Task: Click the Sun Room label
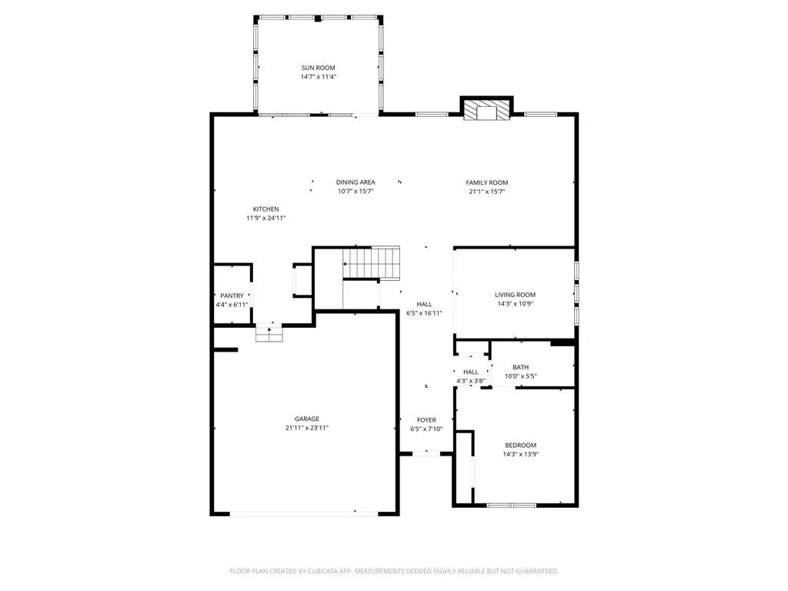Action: click(318, 68)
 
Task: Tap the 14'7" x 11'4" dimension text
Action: click(318, 77)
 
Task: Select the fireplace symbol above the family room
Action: click(486, 110)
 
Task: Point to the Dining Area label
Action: click(356, 182)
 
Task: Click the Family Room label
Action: click(486, 183)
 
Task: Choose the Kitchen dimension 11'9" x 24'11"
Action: click(265, 218)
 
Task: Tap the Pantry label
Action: click(232, 296)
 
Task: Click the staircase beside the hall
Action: click(372, 262)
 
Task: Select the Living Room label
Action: click(515, 295)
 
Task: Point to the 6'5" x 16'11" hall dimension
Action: click(424, 313)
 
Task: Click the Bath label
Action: click(521, 367)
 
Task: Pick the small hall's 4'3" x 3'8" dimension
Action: click(471, 381)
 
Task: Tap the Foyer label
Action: click(426, 420)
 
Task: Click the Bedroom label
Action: click(521, 446)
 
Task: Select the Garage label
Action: click(306, 419)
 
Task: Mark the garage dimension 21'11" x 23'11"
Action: click(306, 428)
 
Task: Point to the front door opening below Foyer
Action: click(426, 454)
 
